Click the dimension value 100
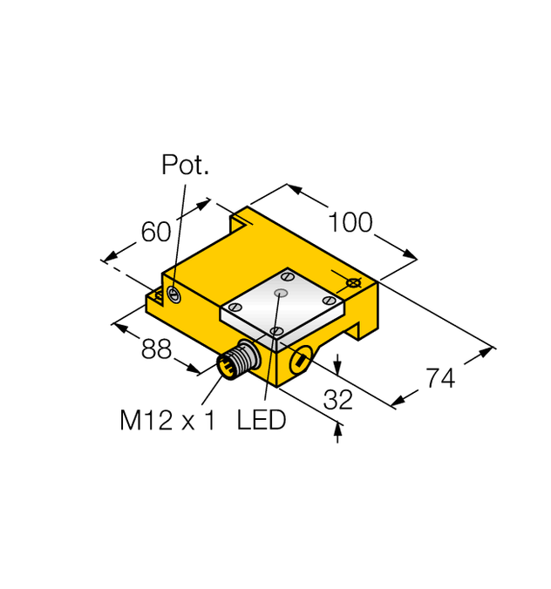350,222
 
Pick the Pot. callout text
186,166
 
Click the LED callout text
262,421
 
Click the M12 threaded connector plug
235,362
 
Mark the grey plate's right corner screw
329,301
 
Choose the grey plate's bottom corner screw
275,332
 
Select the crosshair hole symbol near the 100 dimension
353,284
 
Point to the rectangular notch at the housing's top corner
241,222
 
